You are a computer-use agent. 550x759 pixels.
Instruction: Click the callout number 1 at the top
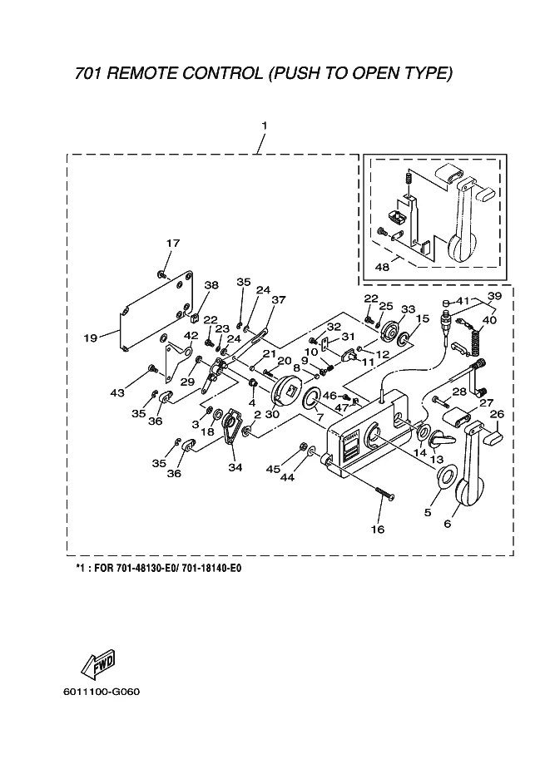(x=264, y=126)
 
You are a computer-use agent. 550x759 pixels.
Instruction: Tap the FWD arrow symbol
(x=97, y=663)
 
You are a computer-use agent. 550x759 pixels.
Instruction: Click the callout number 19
(x=91, y=338)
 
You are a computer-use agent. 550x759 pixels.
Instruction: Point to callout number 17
(x=172, y=244)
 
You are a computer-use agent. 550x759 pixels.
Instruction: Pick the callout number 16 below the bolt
(x=378, y=528)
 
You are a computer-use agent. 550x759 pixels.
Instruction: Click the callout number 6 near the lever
(x=447, y=524)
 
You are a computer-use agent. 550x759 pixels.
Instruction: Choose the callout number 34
(x=235, y=467)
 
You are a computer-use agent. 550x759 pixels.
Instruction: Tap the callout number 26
(x=497, y=414)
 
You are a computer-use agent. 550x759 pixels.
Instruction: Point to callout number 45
(x=295, y=471)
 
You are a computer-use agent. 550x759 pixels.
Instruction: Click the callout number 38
(x=211, y=285)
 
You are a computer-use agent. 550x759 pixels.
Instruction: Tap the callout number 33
(x=408, y=309)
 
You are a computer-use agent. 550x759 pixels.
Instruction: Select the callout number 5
(x=428, y=513)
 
